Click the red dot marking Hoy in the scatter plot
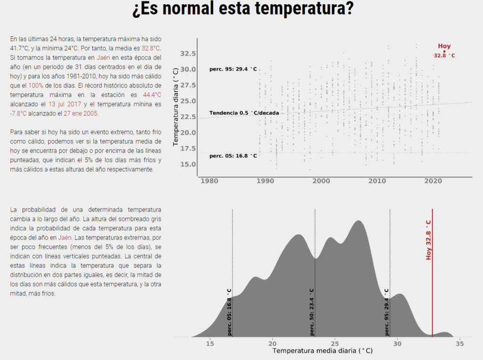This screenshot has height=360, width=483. pos(444,51)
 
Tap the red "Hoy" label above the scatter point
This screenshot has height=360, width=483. pos(444,46)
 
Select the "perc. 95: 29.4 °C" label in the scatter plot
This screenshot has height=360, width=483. pos(233,69)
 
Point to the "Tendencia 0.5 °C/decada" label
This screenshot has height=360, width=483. pos(244,113)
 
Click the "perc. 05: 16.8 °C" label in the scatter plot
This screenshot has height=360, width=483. pos(233,156)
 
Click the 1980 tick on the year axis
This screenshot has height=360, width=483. pos(210,181)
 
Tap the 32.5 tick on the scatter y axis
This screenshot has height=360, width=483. pos(188,54)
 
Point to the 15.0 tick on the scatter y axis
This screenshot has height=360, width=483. pos(188,164)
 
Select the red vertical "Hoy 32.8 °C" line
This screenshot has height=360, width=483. pos(433,283)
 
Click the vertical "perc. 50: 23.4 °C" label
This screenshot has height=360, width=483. pos(312,312)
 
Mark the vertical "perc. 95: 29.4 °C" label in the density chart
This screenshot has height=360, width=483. pos(387,312)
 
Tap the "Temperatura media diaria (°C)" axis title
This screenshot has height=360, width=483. pos(322,351)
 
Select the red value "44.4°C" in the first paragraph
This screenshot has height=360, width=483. pos(152,94)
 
